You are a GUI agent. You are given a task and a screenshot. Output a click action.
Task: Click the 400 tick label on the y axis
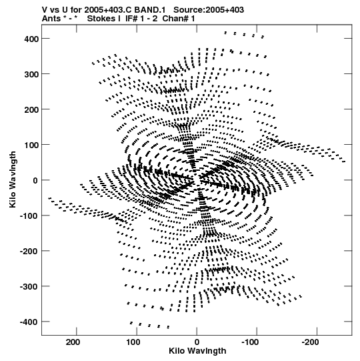click(31, 39)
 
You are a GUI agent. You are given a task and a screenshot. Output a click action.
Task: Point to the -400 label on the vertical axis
click(29, 322)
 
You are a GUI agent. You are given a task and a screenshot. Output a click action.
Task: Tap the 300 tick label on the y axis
click(31, 74)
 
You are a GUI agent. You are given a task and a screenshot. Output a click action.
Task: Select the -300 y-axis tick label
click(29, 287)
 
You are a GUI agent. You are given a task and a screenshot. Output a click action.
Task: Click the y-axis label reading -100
click(29, 216)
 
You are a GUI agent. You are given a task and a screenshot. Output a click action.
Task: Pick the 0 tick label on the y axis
click(35, 180)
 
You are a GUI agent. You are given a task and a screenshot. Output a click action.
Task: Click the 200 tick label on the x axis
click(73, 342)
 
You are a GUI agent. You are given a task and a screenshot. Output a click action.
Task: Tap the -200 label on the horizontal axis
click(311, 342)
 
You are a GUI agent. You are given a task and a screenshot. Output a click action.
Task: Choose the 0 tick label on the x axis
click(197, 342)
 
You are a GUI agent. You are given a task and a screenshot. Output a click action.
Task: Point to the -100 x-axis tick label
click(250, 342)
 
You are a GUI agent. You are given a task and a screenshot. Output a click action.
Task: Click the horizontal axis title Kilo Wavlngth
click(197, 351)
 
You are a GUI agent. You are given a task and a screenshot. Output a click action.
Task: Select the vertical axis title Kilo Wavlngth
click(13, 179)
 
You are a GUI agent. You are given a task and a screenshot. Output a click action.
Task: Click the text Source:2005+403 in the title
click(209, 10)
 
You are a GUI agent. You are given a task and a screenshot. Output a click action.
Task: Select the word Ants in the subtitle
click(51, 19)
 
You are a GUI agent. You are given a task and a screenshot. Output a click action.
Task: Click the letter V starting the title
click(45, 10)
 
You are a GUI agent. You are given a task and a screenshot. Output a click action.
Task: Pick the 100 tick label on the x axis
click(133, 342)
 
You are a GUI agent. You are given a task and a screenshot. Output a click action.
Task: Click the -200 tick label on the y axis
click(29, 251)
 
